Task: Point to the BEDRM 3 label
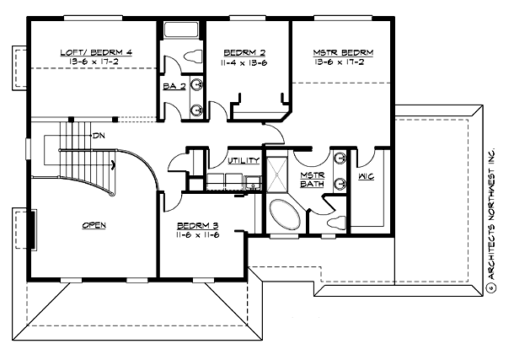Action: point(197,226)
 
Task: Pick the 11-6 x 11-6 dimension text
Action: point(198,236)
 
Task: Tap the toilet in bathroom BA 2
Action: point(193,56)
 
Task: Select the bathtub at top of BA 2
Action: point(180,31)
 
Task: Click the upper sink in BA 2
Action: point(196,84)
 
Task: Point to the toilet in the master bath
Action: point(337,223)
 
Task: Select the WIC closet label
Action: point(366,177)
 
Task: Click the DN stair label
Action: point(99,135)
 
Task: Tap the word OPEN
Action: point(93,226)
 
